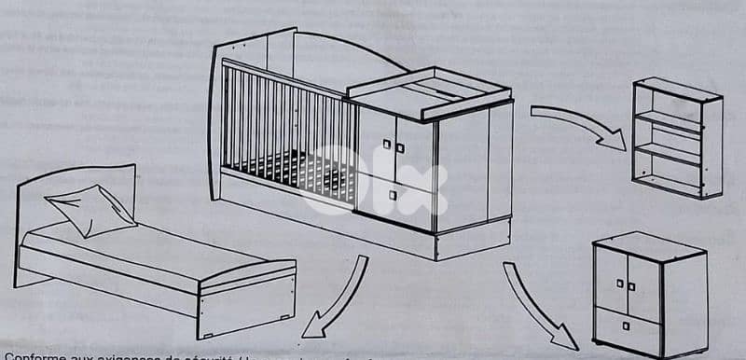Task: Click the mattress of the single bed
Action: click(149, 250)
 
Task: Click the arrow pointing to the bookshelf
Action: click(578, 123)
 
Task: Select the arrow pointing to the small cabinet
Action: click(541, 303)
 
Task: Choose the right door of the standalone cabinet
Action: click(644, 286)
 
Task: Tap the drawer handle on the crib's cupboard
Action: click(394, 194)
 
